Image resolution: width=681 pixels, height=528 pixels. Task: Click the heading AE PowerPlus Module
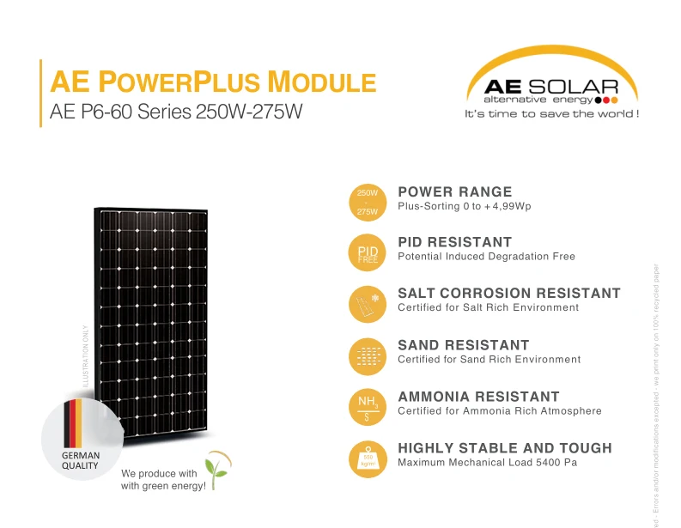pyautogui.click(x=213, y=82)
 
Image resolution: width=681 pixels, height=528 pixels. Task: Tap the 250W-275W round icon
pyautogui.click(x=368, y=202)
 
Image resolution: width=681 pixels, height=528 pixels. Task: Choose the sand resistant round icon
pyautogui.click(x=368, y=355)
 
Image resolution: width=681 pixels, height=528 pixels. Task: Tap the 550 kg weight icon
pyautogui.click(x=368, y=458)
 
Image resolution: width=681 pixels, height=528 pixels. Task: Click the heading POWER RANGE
pyautogui.click(x=454, y=191)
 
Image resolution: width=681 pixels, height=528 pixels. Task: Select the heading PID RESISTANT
pyautogui.click(x=454, y=242)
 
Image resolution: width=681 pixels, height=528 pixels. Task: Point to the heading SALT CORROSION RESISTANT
pyautogui.click(x=508, y=293)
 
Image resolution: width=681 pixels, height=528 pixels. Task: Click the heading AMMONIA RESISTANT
pyautogui.click(x=478, y=397)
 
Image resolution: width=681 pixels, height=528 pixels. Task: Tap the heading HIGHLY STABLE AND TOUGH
pyautogui.click(x=505, y=448)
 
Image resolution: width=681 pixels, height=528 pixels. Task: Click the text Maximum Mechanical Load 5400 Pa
pyautogui.click(x=487, y=463)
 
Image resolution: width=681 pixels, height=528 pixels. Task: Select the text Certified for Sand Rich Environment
pyautogui.click(x=489, y=360)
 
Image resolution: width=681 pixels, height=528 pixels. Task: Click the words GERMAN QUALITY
pyautogui.click(x=80, y=460)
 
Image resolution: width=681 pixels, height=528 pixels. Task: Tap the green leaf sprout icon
pyautogui.click(x=222, y=468)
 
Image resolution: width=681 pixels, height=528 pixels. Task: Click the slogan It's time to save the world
pyautogui.click(x=551, y=114)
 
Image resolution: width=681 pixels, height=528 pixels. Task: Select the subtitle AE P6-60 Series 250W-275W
pyautogui.click(x=177, y=112)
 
